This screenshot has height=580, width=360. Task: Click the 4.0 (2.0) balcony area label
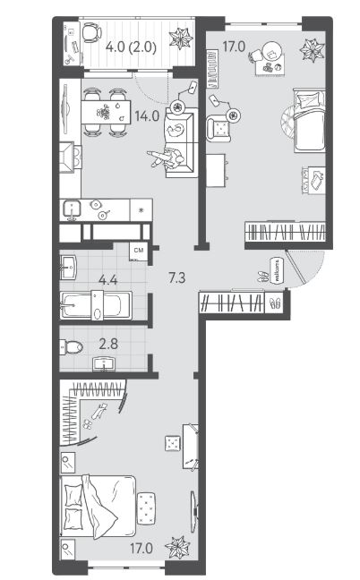click(131, 47)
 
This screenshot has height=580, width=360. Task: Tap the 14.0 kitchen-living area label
click(147, 116)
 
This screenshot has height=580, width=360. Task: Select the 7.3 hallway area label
click(176, 277)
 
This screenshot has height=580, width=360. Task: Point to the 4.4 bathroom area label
click(108, 279)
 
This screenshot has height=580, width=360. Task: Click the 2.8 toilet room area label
click(108, 344)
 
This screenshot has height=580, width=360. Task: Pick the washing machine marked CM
click(139, 252)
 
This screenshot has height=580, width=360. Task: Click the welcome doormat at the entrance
click(278, 271)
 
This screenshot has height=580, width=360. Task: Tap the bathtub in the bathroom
click(96, 305)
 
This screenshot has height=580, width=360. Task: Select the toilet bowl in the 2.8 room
click(72, 347)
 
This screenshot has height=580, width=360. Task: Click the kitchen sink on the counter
click(72, 209)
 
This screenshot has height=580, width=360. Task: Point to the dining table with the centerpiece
click(106, 112)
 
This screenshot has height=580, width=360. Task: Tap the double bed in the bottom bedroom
click(98, 506)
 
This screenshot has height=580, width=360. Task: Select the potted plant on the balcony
click(181, 38)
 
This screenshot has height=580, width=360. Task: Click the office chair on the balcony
click(91, 32)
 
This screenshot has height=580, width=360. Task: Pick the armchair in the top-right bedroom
click(219, 128)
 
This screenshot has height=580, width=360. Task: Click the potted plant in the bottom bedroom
click(177, 547)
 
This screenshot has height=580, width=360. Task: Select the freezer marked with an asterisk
click(141, 210)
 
